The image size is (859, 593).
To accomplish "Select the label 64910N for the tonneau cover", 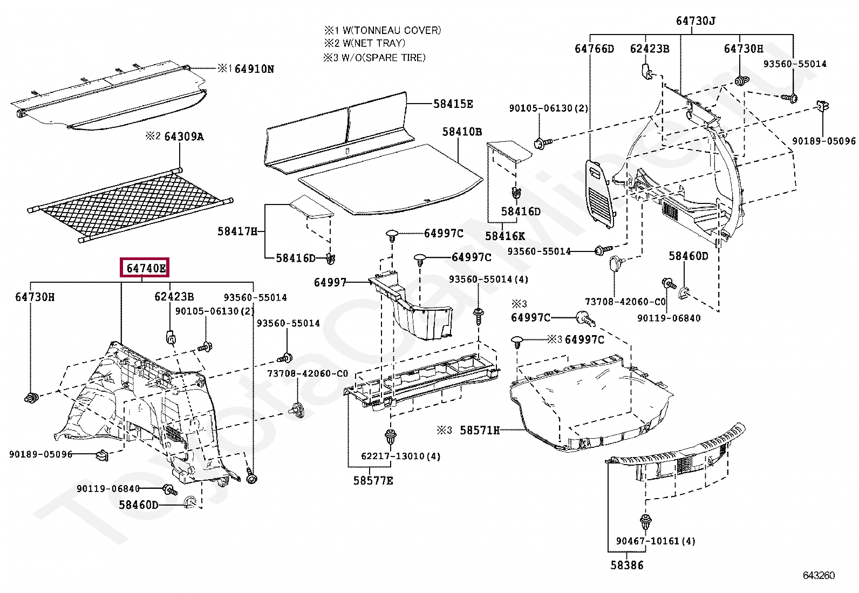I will point(254,69).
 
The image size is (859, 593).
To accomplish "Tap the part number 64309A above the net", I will point(184,137).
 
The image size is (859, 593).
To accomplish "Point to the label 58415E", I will point(453,104).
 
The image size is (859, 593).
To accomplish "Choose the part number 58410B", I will point(462,132).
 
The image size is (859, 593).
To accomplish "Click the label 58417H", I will point(237,231).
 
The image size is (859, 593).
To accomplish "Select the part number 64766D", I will point(594,49).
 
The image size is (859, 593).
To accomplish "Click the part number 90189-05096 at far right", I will point(823,141).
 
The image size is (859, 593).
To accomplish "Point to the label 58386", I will point(627,565).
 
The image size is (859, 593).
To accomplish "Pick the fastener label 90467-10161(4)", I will point(656,541).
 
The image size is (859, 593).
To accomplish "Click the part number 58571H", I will point(480,430).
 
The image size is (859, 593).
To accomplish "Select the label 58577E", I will point(373,480).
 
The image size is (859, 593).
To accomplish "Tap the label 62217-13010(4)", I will point(400,456).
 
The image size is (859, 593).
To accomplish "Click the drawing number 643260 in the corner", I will point(819,575).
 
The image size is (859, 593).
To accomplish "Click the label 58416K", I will point(505,236).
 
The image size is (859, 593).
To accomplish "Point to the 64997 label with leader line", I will point(330,282).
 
